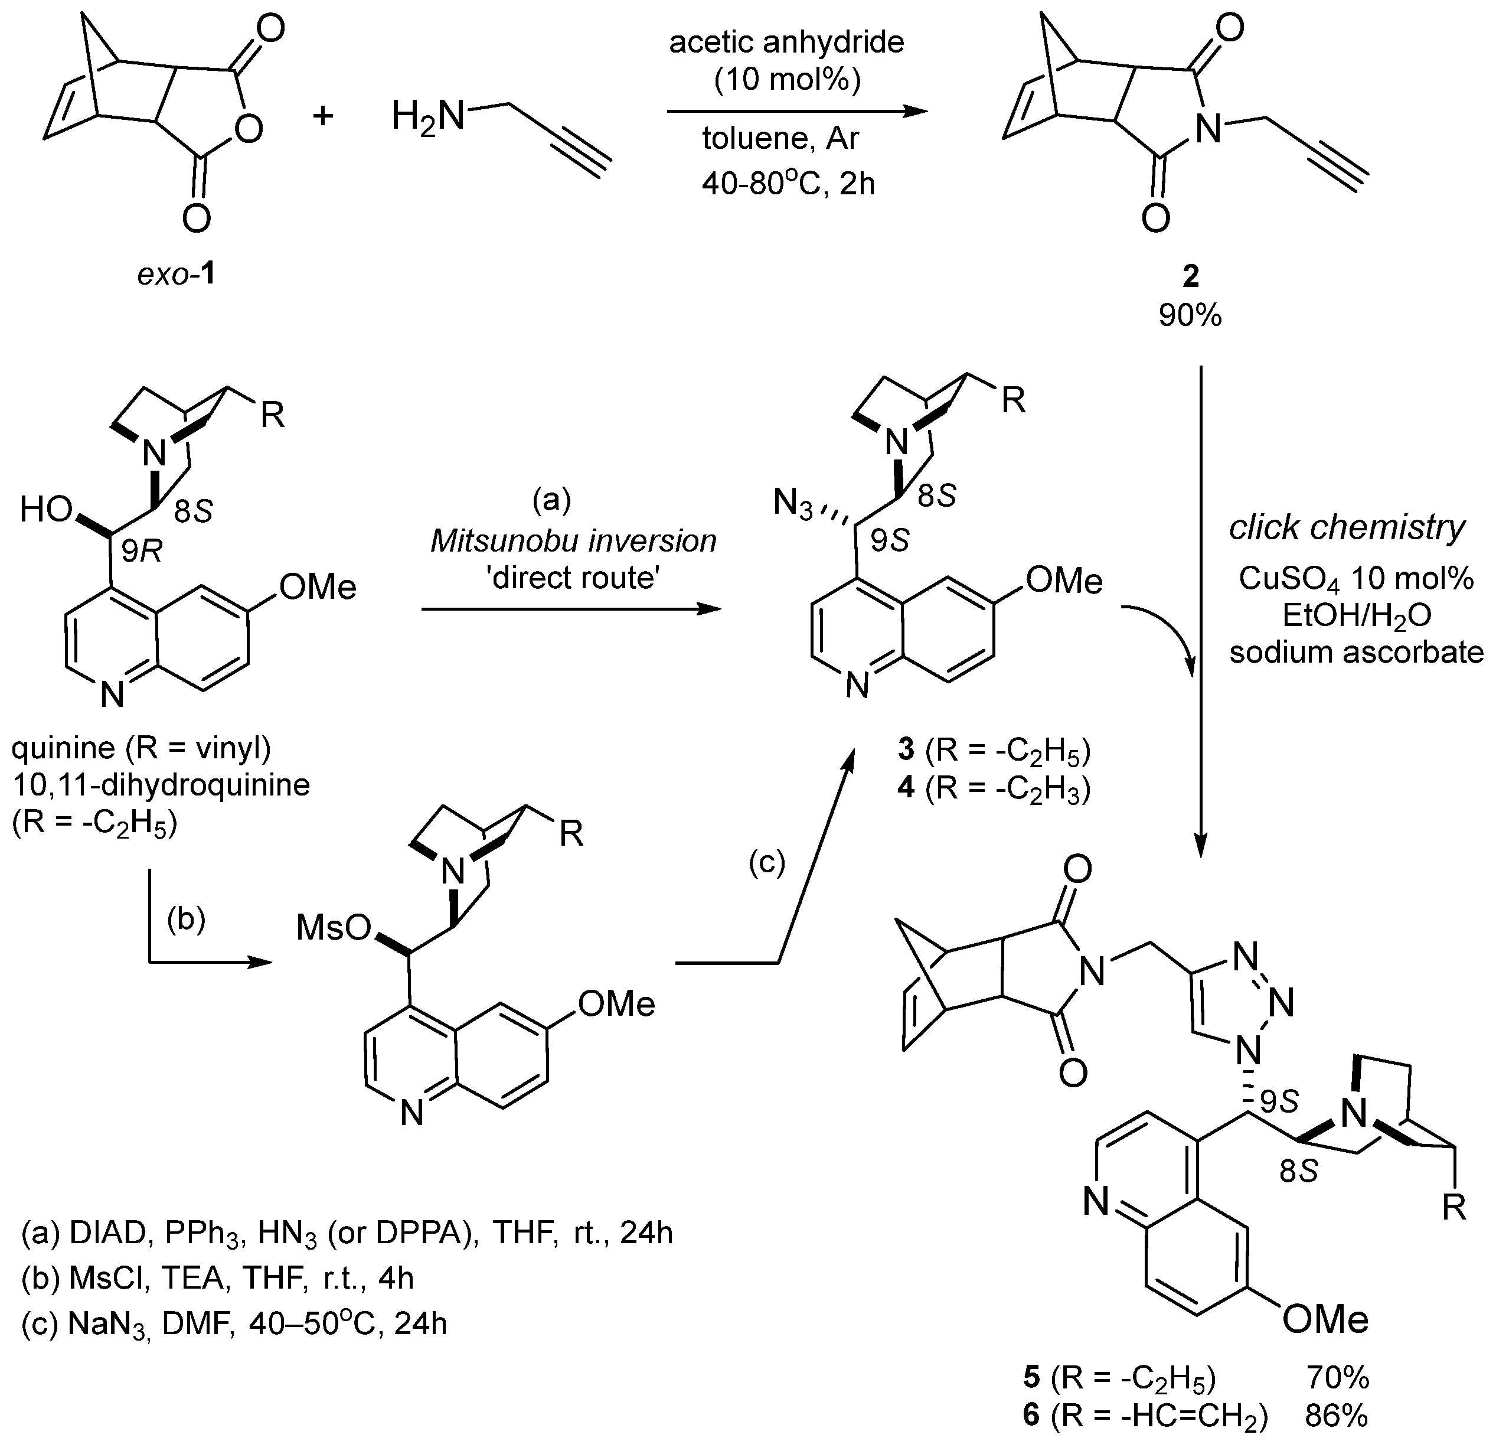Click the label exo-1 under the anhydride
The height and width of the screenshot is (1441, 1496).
(x=175, y=273)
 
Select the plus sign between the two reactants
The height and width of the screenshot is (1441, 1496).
(x=324, y=116)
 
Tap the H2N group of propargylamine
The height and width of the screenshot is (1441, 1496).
(x=427, y=118)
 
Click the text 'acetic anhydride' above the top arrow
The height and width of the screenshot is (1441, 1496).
(x=786, y=42)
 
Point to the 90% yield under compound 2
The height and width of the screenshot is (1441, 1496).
(x=1190, y=315)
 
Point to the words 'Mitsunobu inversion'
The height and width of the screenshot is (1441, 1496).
(x=573, y=540)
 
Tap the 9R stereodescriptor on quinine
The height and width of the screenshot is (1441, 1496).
(x=141, y=550)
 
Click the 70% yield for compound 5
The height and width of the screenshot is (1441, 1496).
(x=1337, y=1378)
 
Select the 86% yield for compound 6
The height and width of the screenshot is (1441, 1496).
(x=1337, y=1415)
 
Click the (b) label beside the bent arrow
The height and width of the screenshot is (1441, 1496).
(x=186, y=920)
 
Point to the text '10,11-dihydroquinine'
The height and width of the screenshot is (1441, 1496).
(x=161, y=785)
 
